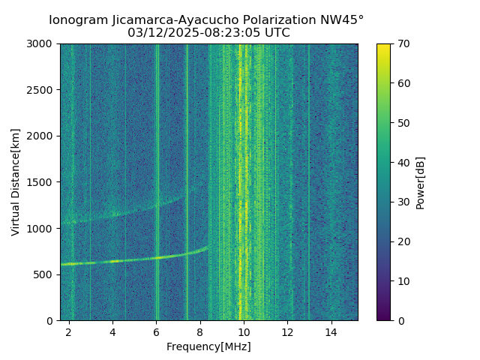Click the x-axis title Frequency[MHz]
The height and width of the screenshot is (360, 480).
[208, 346]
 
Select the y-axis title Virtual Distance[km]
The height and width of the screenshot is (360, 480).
[16, 182]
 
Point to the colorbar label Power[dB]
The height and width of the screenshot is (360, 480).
[421, 182]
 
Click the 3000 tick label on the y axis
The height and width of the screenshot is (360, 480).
[42, 44]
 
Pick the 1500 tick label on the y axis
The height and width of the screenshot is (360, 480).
[42, 182]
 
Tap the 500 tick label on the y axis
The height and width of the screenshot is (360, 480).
[45, 274]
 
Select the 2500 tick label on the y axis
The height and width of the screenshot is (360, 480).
[42, 90]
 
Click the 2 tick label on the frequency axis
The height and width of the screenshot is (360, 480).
[69, 331]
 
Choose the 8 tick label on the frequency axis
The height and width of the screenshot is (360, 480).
[200, 331]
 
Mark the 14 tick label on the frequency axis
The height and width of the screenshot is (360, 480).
[331, 331]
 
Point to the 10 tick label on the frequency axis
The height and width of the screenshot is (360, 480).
[244, 331]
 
